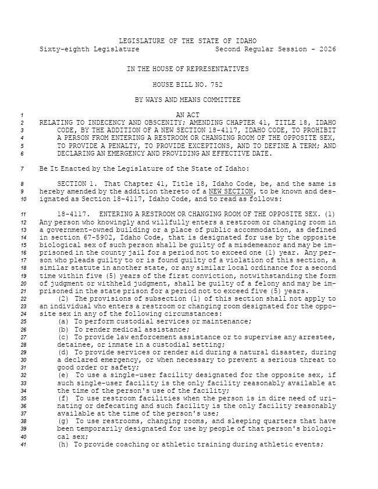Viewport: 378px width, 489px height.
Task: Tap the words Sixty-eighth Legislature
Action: (90, 49)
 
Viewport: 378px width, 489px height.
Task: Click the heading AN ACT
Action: (188, 115)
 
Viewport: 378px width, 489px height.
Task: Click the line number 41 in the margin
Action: (23, 444)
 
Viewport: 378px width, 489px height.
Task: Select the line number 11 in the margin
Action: (23, 214)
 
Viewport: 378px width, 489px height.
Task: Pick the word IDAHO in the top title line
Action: (245, 41)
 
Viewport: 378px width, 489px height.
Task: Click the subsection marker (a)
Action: (63, 321)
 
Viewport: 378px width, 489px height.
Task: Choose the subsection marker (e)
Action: (63, 375)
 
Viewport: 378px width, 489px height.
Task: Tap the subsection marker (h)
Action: (63, 444)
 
